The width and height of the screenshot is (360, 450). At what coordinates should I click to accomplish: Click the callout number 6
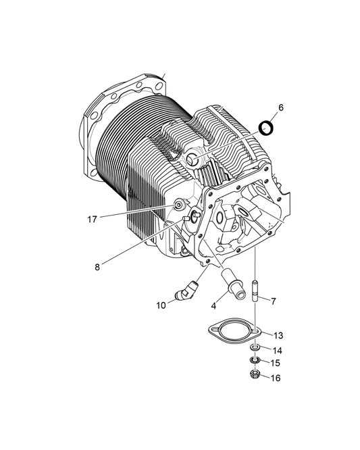coord(281,107)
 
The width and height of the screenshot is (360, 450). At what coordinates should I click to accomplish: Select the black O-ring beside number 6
coord(267,126)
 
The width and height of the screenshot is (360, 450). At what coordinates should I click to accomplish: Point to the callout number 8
coord(98,266)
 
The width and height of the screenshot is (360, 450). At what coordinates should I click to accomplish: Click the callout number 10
coord(161,305)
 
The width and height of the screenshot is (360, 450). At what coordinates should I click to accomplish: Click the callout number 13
coord(278,335)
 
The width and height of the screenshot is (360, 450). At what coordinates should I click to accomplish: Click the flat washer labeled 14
coord(255,349)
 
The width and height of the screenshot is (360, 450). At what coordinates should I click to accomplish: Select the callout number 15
coord(276,364)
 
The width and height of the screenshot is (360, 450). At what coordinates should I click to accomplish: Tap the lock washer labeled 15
coord(255,361)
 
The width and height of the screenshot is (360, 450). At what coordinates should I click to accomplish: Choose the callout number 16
coord(276,378)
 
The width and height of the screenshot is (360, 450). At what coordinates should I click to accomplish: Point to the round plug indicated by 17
coord(178,205)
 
